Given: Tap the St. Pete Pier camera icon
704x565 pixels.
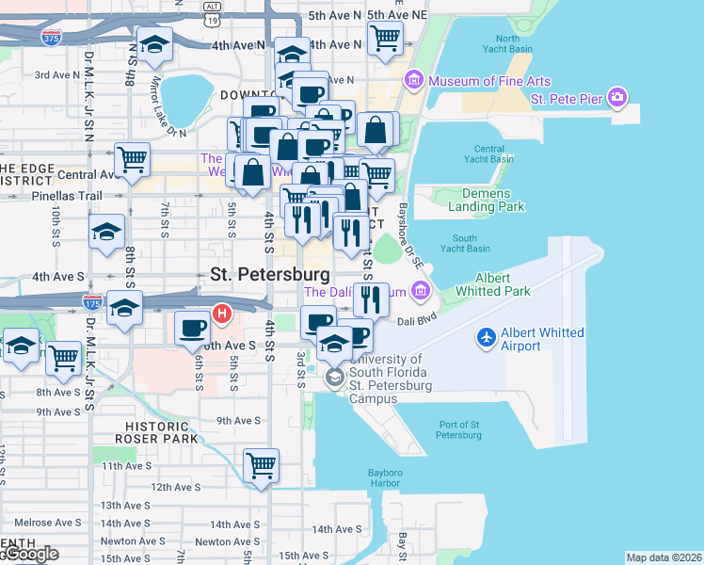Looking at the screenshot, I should click(x=617, y=97).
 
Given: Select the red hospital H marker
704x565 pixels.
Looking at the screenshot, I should click(x=222, y=313).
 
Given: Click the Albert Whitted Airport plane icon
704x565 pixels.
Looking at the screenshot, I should click(x=486, y=337).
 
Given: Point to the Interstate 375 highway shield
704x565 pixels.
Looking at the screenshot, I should click(x=53, y=38).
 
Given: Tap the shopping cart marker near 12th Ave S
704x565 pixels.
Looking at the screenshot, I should click(x=261, y=464).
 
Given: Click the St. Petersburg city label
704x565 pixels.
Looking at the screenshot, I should click(x=270, y=275).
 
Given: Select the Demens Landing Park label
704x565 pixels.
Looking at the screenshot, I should click(x=480, y=200).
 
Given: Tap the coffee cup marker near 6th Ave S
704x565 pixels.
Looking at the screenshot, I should click(x=193, y=328).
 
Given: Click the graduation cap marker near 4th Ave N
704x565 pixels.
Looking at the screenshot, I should click(x=154, y=44).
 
